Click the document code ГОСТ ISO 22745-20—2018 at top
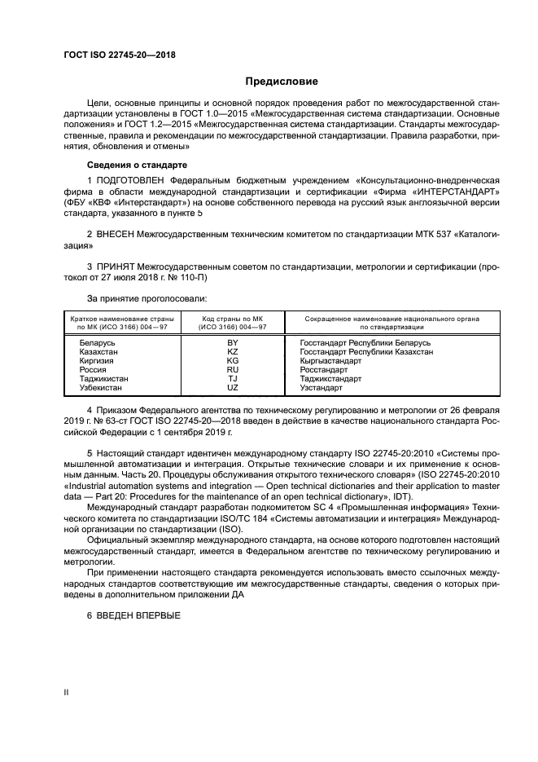[x=120, y=55]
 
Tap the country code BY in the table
[x=233, y=343]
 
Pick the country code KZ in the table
[x=233, y=352]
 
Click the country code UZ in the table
[x=233, y=387]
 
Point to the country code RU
[x=233, y=370]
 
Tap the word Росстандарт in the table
[x=326, y=370]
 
